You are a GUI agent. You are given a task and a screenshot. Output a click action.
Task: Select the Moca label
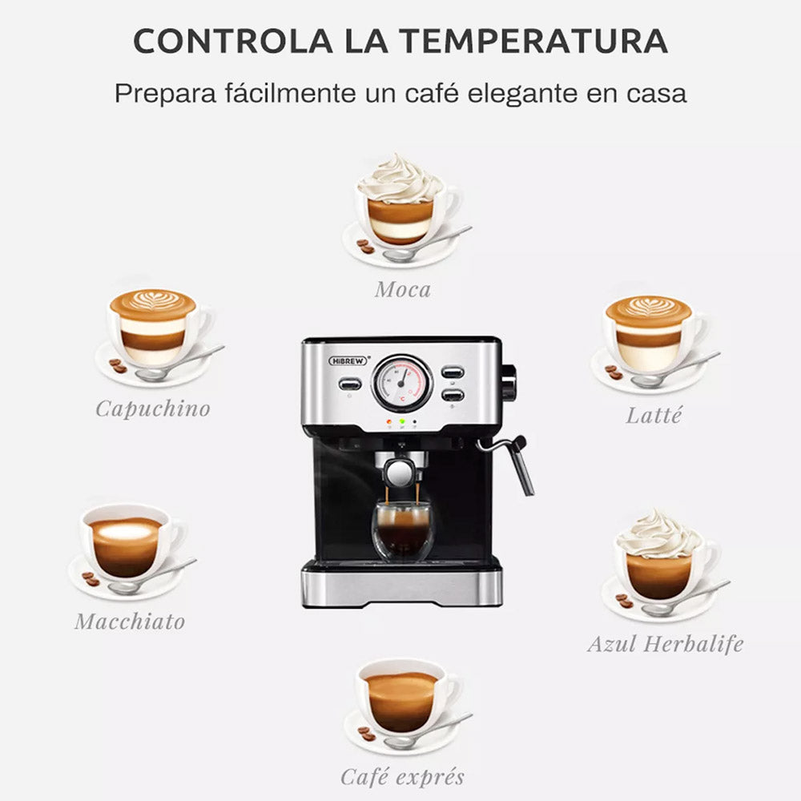[x=402, y=289]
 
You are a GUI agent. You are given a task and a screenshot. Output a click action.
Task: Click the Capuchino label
[x=153, y=409]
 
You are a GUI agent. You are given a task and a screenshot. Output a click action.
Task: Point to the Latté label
[x=654, y=416]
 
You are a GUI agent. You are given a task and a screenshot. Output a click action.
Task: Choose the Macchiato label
[x=130, y=621]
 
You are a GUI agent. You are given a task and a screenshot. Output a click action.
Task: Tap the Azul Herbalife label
[x=666, y=643]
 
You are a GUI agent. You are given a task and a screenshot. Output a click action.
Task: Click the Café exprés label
[x=402, y=776]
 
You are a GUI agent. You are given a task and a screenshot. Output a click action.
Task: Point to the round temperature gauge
[x=402, y=383]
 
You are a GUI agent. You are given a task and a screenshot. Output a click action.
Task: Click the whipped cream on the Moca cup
[x=400, y=180]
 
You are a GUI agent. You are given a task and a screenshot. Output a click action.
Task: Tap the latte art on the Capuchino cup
[x=152, y=304]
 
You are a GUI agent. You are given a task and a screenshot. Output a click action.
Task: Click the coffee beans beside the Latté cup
[x=614, y=372]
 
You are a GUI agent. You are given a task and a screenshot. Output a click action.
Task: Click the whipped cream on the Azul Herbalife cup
[x=659, y=535]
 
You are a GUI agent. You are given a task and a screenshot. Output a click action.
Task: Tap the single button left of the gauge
[x=349, y=384]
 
